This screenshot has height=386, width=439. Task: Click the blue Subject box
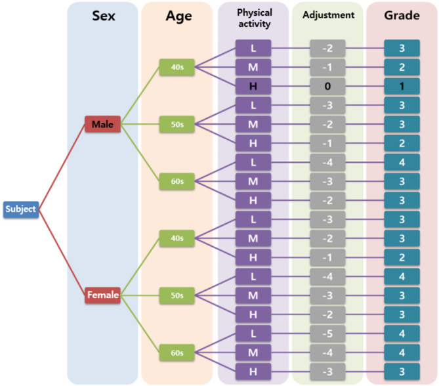coord(21,209)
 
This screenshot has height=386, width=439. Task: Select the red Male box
coord(102,124)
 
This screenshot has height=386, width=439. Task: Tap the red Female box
coord(102,295)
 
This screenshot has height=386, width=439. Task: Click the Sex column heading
coord(102,15)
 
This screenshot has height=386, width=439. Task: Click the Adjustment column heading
coord(328,14)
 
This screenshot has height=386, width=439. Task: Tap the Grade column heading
coord(402,15)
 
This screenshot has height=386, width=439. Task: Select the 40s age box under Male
coord(177,66)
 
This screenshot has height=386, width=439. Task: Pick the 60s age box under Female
coord(177,353)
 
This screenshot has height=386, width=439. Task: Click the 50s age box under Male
coord(177,124)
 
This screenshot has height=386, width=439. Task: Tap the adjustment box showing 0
coord(328,85)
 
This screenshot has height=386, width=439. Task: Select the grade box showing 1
coord(402,85)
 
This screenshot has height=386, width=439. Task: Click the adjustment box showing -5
coord(328,333)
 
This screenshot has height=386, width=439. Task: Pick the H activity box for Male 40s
coord(253,85)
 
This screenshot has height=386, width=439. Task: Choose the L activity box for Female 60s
coord(253,333)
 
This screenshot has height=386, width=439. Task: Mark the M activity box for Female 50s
coord(253,295)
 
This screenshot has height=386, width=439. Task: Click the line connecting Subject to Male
coord(62,167)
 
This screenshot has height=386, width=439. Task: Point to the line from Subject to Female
coord(62,253)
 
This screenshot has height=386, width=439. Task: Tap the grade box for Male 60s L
coord(402,162)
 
